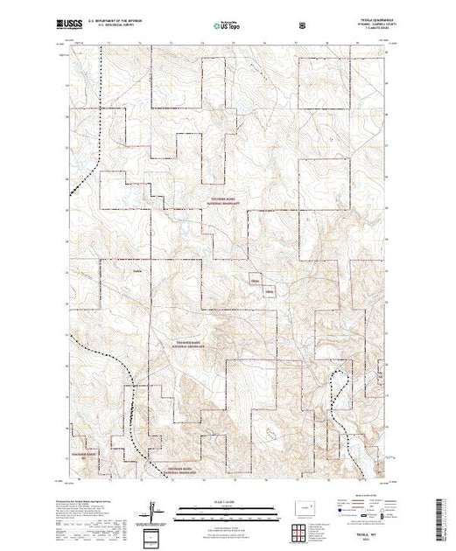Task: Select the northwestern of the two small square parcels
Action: coord(256,280)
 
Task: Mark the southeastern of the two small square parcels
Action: coord(269,290)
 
